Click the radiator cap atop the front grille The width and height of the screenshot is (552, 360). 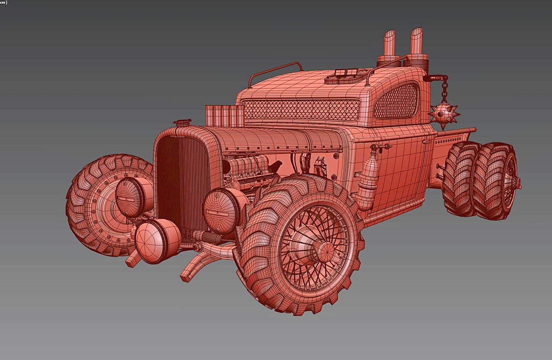click(182, 123)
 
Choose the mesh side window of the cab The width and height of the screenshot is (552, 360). click(397, 101)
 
